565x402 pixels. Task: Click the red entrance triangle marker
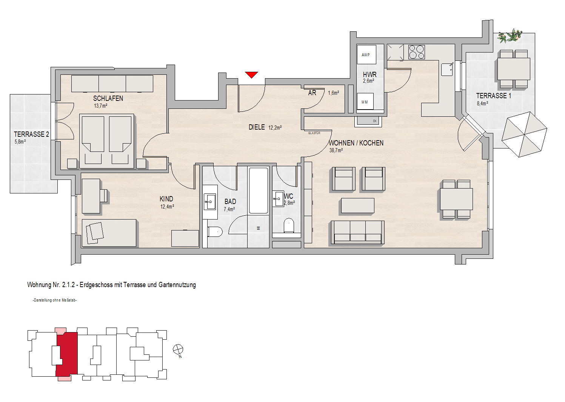(x=251, y=75)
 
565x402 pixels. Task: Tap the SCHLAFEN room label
(x=108, y=99)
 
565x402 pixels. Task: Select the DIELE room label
(x=257, y=127)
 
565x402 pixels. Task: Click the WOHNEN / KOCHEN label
(x=356, y=143)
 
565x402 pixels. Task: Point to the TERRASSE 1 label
(x=494, y=96)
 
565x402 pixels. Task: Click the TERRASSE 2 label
(x=31, y=135)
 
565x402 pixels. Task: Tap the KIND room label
(x=166, y=199)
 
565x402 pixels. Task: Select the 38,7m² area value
(x=336, y=150)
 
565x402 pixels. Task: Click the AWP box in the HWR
(x=366, y=54)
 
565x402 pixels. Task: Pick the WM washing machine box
(x=365, y=102)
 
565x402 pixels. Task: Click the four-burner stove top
(x=417, y=52)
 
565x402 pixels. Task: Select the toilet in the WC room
(x=289, y=226)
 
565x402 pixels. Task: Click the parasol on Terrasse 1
(x=524, y=135)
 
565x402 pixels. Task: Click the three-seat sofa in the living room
(x=358, y=233)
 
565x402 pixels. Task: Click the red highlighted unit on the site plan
(x=66, y=354)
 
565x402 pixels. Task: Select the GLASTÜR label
(x=314, y=133)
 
